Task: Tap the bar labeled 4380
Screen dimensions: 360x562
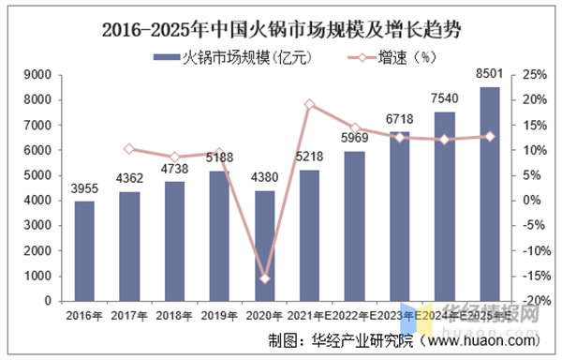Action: (265, 246)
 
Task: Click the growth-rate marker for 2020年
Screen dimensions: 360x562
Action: (265, 278)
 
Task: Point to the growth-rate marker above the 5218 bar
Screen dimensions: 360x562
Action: (310, 104)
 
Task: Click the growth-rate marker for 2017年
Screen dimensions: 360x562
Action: (130, 148)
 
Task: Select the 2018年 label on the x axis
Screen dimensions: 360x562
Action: (175, 316)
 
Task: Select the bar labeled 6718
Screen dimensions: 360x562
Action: (400, 217)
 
